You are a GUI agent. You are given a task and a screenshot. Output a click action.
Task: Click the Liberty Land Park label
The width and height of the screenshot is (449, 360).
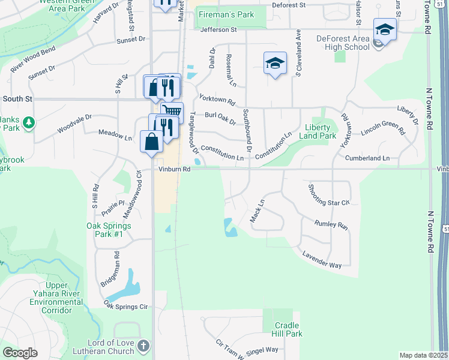[318, 131]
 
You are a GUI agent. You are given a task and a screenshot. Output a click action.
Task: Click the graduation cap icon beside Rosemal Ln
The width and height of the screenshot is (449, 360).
[275, 62]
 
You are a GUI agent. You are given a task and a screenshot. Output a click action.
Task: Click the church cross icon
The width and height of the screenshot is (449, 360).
[143, 346]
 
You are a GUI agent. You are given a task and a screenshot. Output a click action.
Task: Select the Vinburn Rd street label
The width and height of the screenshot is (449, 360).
[175, 169]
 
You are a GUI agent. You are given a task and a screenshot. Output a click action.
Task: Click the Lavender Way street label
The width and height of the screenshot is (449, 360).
[322, 260]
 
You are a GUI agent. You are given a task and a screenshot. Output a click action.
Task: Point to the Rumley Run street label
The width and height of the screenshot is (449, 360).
[331, 224]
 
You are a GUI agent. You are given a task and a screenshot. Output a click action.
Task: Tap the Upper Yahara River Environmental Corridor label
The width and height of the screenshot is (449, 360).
[56, 298]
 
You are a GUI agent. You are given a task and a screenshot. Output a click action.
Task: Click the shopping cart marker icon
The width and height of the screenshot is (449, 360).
[173, 111]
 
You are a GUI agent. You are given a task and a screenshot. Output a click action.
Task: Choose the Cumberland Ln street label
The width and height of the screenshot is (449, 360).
[367, 158]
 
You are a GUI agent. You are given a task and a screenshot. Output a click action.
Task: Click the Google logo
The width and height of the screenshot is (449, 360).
[20, 353]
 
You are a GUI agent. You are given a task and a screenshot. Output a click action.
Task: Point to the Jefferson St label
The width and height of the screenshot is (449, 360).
[218, 29]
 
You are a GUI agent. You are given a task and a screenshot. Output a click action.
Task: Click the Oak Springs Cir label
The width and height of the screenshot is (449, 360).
[125, 306]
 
